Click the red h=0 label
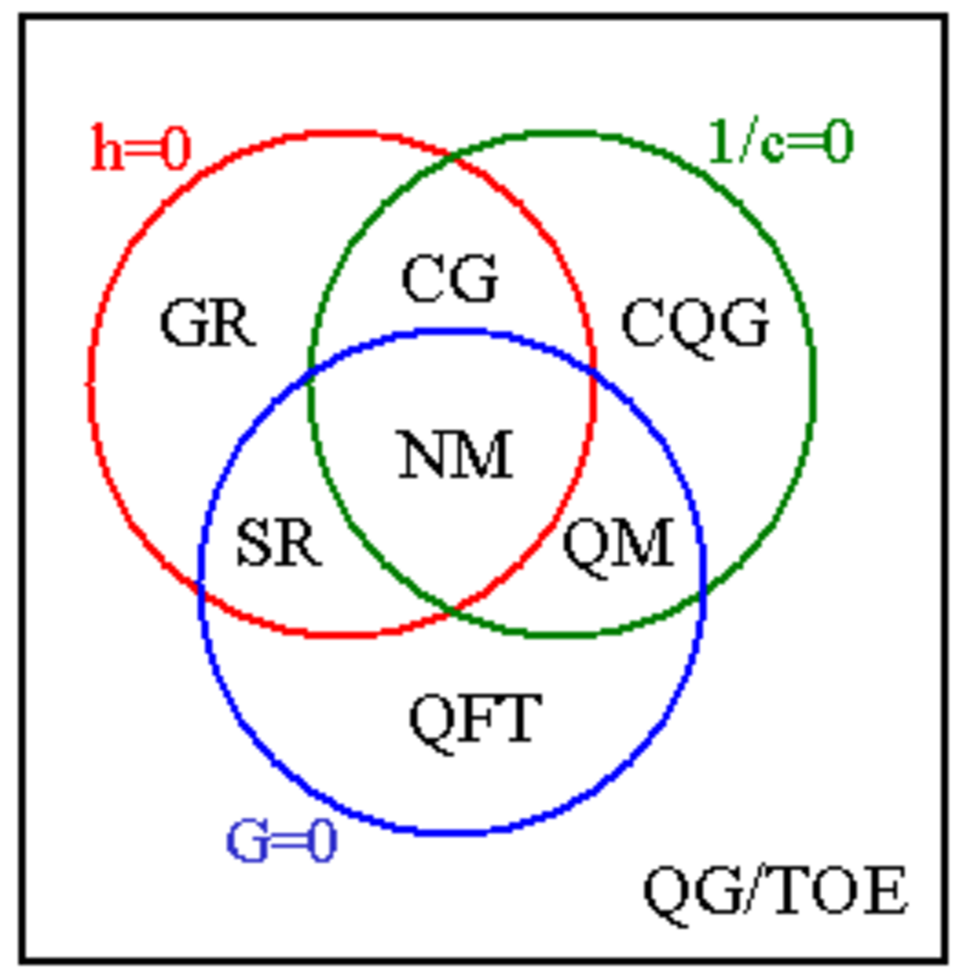(x=141, y=148)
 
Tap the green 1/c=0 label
(x=781, y=141)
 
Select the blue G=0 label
(x=281, y=842)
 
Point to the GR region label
(x=208, y=323)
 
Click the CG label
(x=450, y=278)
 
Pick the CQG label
(x=696, y=326)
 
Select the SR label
(x=279, y=543)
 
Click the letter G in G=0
(x=248, y=842)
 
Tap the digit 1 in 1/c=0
(x=722, y=141)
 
